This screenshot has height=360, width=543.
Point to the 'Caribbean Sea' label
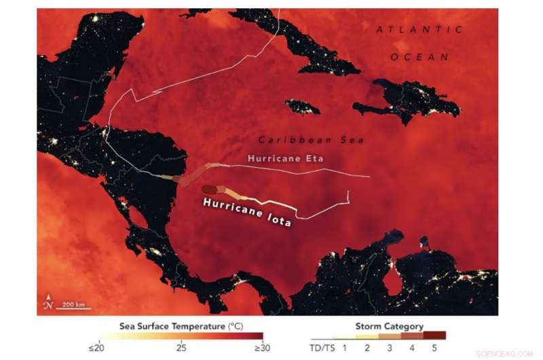(x=301, y=139)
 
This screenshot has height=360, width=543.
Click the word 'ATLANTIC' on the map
(x=419, y=30)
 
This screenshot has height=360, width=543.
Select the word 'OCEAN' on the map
(x=419, y=57)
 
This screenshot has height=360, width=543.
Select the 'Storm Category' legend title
(x=389, y=327)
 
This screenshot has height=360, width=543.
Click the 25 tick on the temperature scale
(x=181, y=348)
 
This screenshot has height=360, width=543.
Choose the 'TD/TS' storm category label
(x=322, y=348)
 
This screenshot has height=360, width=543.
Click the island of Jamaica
(x=302, y=107)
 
